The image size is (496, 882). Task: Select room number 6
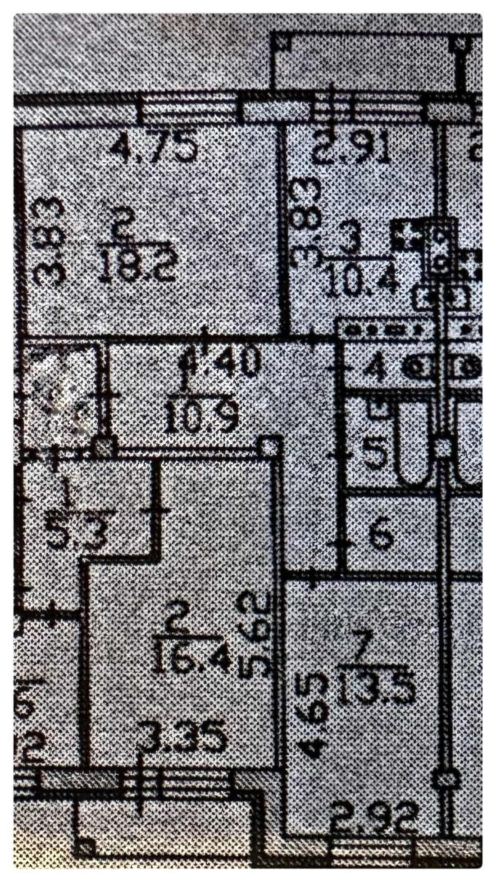pos(382,534)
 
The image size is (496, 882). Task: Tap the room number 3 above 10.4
pos(349,241)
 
